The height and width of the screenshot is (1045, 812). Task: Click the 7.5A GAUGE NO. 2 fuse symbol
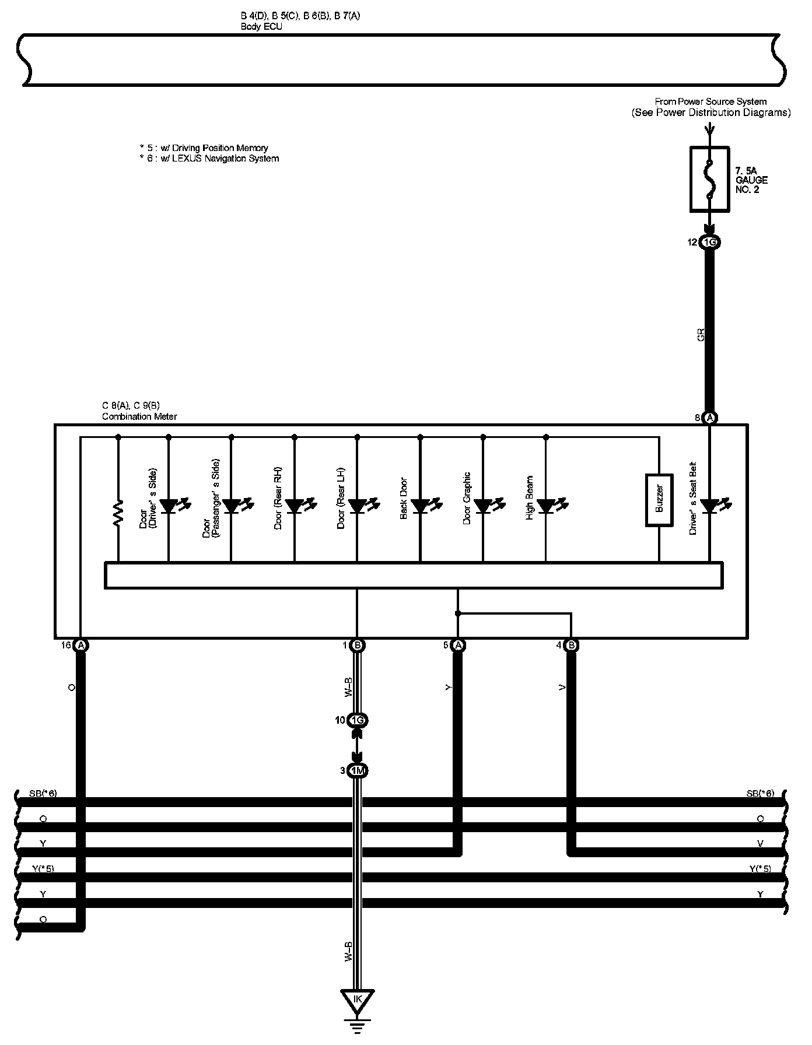pos(709,178)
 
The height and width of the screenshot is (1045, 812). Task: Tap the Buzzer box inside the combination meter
pos(659,500)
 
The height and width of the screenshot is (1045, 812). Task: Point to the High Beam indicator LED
pos(546,506)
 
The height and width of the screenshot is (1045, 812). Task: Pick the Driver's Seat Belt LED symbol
pos(709,506)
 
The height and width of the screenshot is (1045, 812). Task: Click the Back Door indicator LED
pos(420,506)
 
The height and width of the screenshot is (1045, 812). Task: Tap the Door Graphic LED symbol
pos(483,506)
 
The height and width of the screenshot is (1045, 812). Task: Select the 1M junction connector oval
pos(358,771)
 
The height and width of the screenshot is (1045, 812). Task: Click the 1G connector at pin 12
pos(709,243)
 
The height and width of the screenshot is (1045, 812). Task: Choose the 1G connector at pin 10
pos(358,721)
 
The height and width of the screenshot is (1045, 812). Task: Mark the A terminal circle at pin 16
pos(80,645)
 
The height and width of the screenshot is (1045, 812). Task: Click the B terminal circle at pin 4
pos(572,645)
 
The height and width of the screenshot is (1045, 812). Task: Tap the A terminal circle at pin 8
pos(709,418)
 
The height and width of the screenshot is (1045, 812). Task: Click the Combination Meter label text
pos(139,416)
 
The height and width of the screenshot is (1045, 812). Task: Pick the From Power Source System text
pos(710,101)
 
